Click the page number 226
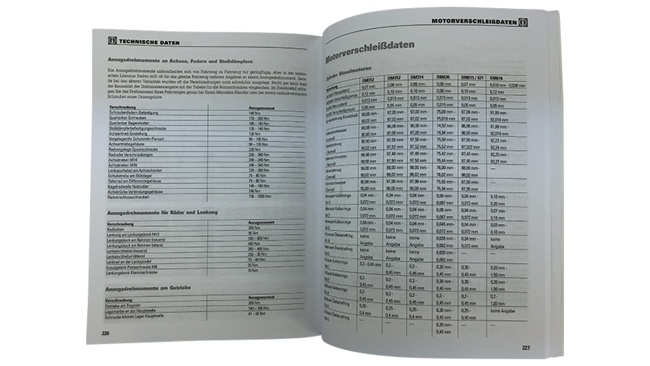coord(105,333)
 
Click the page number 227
coord(525,348)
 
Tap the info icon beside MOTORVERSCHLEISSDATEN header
coord(523,22)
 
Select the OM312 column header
coord(368,79)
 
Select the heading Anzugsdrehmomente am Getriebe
coord(148,288)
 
